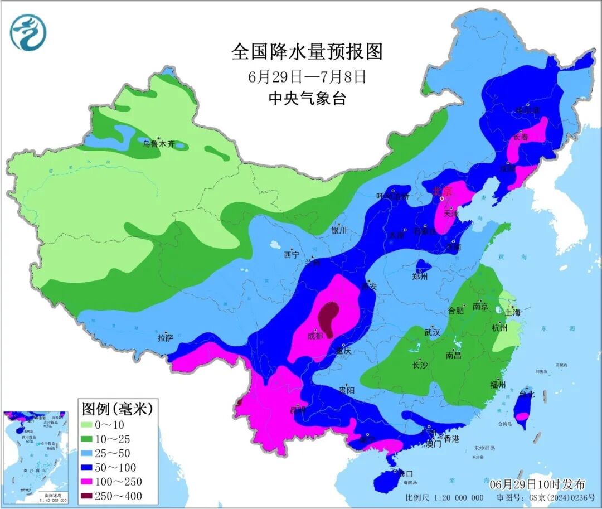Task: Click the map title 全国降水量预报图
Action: (x=307, y=52)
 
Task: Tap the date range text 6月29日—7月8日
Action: (x=307, y=76)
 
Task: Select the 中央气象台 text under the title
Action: (x=307, y=99)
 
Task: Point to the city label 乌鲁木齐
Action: (x=158, y=144)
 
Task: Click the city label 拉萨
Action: (x=166, y=337)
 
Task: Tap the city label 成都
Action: (x=315, y=336)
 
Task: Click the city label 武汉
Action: (x=432, y=332)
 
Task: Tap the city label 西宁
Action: (x=291, y=255)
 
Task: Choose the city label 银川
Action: (x=339, y=230)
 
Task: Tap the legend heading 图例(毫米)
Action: (x=117, y=409)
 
